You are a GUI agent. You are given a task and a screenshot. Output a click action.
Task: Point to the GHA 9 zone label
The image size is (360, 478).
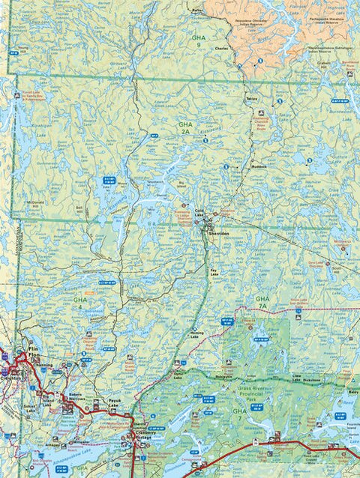tap(198, 41)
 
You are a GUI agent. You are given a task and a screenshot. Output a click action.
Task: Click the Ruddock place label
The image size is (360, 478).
tap(259, 166)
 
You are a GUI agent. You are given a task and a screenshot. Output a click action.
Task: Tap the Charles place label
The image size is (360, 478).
tap(220, 50)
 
